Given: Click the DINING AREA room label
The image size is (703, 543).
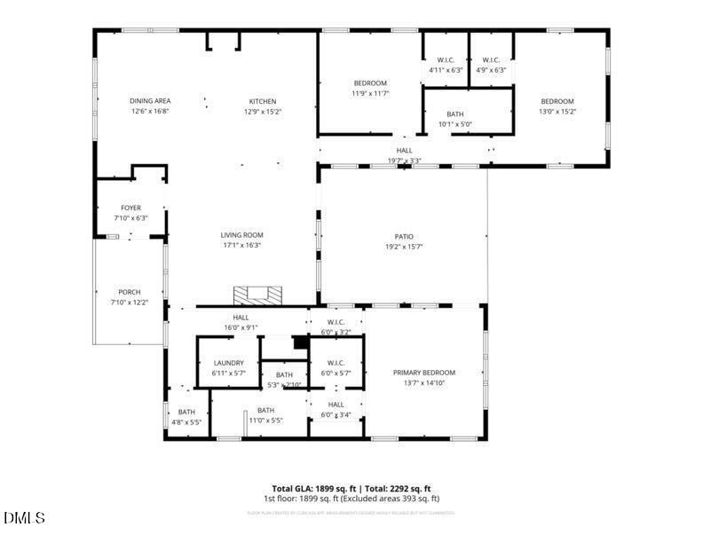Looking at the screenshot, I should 150,101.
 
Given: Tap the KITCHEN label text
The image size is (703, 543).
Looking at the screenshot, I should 262,101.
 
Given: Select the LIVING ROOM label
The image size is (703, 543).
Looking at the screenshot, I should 241,235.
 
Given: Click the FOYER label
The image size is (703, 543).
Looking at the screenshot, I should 130,208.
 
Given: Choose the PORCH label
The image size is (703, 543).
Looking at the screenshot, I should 130,292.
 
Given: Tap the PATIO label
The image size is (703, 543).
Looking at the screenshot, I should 404,236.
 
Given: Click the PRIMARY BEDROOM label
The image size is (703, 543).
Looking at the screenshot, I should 423,373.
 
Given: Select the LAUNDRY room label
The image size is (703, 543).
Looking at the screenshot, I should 229,363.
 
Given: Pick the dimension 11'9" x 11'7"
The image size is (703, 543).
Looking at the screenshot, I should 370,93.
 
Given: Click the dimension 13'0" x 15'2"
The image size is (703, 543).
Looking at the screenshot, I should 557,112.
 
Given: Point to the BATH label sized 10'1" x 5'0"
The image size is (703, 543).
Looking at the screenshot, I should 454,114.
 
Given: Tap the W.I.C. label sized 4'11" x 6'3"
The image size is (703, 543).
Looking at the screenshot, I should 446,60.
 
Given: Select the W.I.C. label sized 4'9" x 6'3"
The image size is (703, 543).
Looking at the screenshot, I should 491,60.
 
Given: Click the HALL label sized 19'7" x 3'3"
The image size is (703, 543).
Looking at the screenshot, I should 404,151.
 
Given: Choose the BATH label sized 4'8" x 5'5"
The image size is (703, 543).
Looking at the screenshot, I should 186,412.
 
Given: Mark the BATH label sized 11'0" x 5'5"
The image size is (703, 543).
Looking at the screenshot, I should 265,410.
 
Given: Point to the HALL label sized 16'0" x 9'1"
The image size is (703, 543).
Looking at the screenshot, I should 241,317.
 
